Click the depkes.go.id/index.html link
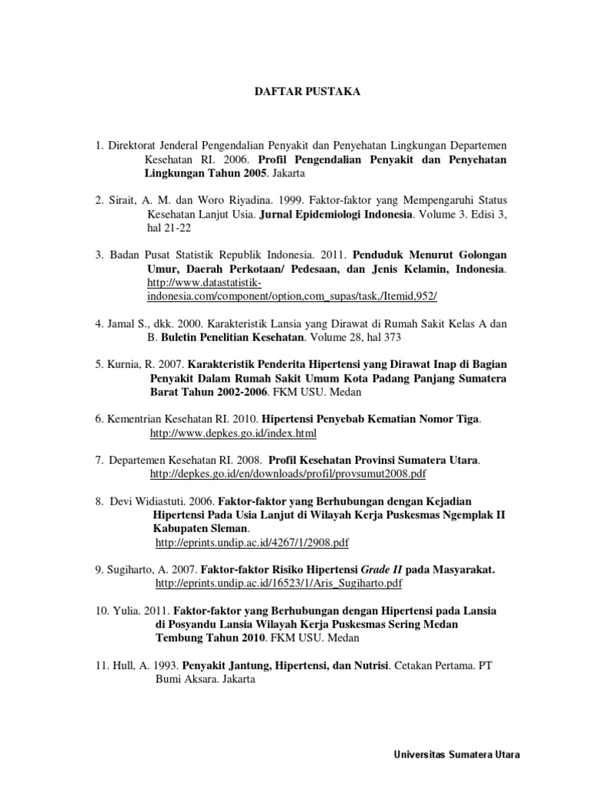coord(233,434)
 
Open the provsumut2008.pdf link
coord(288,475)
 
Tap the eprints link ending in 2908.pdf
coord(252,543)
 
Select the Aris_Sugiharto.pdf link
coord(278,583)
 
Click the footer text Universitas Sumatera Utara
coord(456,754)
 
